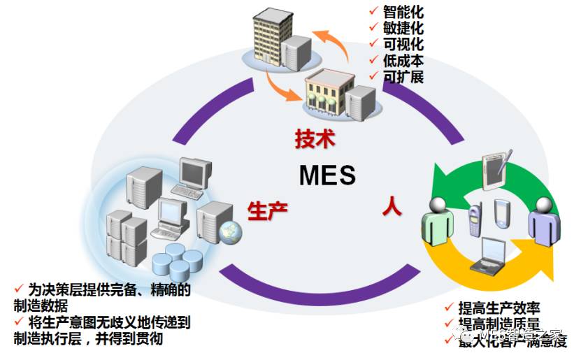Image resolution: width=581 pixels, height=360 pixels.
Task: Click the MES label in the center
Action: click(327, 175)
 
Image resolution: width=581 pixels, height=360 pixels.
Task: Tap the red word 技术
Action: click(315, 138)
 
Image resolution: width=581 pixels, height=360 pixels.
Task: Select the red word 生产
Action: click(267, 209)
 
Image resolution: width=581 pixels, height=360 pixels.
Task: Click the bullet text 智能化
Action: click(403, 12)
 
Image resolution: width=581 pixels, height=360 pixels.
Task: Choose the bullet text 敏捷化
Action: click(403, 28)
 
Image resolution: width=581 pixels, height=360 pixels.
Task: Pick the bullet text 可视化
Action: click(403, 44)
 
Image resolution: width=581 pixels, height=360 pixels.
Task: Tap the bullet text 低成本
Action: click(403, 60)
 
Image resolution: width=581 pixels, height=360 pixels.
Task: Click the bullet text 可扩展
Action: click(403, 76)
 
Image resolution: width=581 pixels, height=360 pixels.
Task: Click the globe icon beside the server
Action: click(229, 230)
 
